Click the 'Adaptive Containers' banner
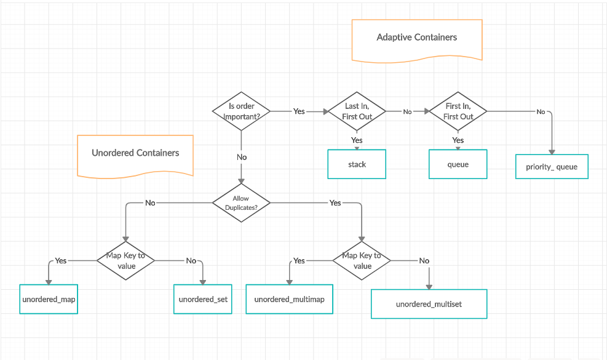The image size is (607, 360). pos(416,38)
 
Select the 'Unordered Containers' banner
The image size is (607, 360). pos(135,154)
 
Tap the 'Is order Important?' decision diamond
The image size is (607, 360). pos(241,111)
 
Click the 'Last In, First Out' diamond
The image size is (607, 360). pos(357,111)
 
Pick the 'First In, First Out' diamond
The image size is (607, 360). pos(458,111)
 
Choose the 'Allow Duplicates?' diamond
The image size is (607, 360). pos(241,203)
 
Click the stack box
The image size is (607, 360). pos(357,164)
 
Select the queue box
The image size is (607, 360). pos(458,164)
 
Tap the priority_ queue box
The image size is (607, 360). pos(552,167)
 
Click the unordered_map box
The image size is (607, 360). pos(49,300)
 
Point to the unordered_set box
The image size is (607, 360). pos(203,300)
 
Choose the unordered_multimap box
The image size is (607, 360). pos(289,300)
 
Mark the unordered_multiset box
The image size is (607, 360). pos(429,304)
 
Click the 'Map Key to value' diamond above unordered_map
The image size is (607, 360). pos(125,260)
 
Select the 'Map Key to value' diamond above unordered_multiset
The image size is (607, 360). pos(362,260)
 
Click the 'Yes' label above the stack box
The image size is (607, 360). pos(357,140)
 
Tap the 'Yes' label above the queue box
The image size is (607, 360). pos(458,140)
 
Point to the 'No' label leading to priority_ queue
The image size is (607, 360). pos(541,111)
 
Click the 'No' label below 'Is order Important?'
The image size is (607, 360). pos(242,158)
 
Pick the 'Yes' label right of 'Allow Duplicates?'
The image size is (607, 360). pos(335,202)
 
